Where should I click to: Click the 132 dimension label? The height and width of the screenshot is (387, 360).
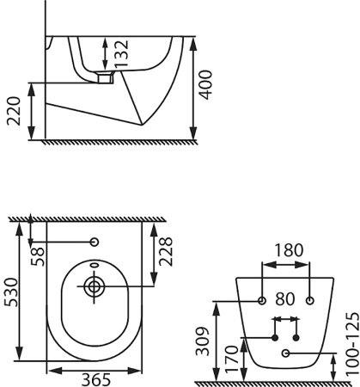tap(121, 53)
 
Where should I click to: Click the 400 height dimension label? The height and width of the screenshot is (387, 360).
tap(206, 85)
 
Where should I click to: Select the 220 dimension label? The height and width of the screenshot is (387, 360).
tap(14, 111)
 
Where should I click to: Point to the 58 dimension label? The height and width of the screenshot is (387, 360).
tap(38, 256)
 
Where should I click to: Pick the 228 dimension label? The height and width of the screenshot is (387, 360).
tap(166, 252)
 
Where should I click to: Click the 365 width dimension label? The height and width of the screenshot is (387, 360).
tap(96, 380)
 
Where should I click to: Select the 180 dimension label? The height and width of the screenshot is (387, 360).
tap(289, 250)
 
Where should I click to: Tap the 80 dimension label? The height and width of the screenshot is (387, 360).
tap(285, 299)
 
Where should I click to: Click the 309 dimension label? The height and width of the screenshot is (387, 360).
tap(203, 341)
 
